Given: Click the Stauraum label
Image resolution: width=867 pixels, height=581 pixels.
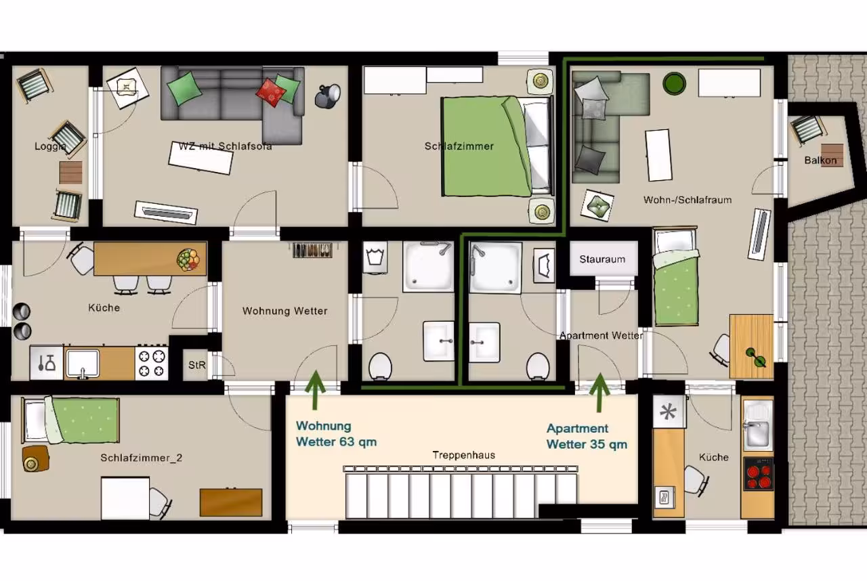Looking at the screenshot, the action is [602, 259].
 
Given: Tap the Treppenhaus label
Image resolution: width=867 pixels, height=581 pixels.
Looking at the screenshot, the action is [464, 455].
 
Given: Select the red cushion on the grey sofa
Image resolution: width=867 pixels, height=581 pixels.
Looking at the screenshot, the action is [270, 92].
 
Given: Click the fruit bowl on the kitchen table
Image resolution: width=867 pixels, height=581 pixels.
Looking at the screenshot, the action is [188, 259].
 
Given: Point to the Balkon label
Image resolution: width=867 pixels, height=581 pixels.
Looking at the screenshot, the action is [820, 160].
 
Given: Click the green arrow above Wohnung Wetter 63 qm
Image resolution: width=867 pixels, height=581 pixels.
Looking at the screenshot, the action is [316, 389].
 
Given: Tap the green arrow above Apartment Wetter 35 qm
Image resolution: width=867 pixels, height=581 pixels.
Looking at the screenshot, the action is [599, 392].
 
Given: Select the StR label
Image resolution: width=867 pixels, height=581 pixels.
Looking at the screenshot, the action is [197, 365].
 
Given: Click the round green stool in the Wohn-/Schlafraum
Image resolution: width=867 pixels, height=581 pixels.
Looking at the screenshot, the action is [674, 83].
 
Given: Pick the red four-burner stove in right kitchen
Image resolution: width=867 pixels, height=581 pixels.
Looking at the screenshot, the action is [759, 474].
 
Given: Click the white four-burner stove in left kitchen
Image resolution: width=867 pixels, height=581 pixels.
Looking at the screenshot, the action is [151, 363].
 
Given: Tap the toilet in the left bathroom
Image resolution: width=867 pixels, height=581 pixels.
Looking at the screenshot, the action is [380, 366].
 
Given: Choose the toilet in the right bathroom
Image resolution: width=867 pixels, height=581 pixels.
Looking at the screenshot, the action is [538, 366].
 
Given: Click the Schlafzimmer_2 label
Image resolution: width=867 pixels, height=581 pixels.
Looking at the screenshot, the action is [142, 458].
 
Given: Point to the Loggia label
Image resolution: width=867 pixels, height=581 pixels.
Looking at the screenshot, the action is [50, 146].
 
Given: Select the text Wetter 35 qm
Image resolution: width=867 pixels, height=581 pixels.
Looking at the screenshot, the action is [587, 444].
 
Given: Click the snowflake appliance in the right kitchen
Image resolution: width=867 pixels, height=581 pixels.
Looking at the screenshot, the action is [669, 412].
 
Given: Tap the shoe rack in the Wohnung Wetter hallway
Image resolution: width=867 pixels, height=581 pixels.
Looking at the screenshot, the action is [312, 250].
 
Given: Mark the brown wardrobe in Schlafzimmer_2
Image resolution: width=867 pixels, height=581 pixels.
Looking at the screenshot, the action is [231, 502].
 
